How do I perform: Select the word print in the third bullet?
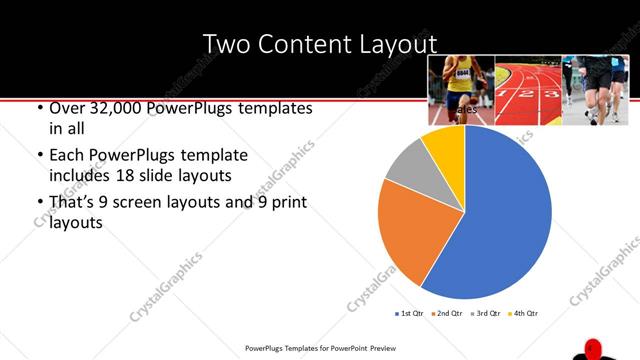277,203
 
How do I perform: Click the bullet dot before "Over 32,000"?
39,108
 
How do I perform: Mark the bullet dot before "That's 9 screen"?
39,203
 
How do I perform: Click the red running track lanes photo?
527,90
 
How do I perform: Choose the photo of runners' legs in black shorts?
594,90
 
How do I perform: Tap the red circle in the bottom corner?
591,349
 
